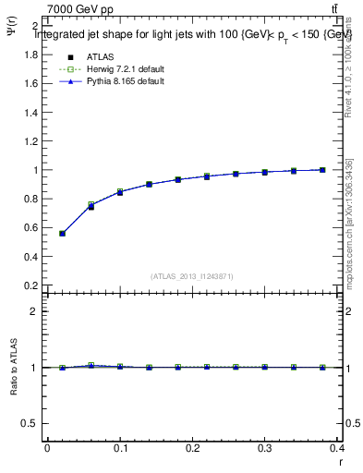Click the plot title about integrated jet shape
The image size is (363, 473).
coord(193,34)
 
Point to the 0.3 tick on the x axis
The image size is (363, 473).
coord(266,448)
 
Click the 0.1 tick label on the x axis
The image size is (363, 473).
coord(119,448)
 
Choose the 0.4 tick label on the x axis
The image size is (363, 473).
coord(339,448)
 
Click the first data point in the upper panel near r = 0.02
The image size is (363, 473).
coord(62,234)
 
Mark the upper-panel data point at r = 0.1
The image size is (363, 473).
coord(120,192)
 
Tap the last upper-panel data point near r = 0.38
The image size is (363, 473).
coord(322,170)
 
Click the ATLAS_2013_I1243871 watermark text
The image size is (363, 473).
coord(192,276)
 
